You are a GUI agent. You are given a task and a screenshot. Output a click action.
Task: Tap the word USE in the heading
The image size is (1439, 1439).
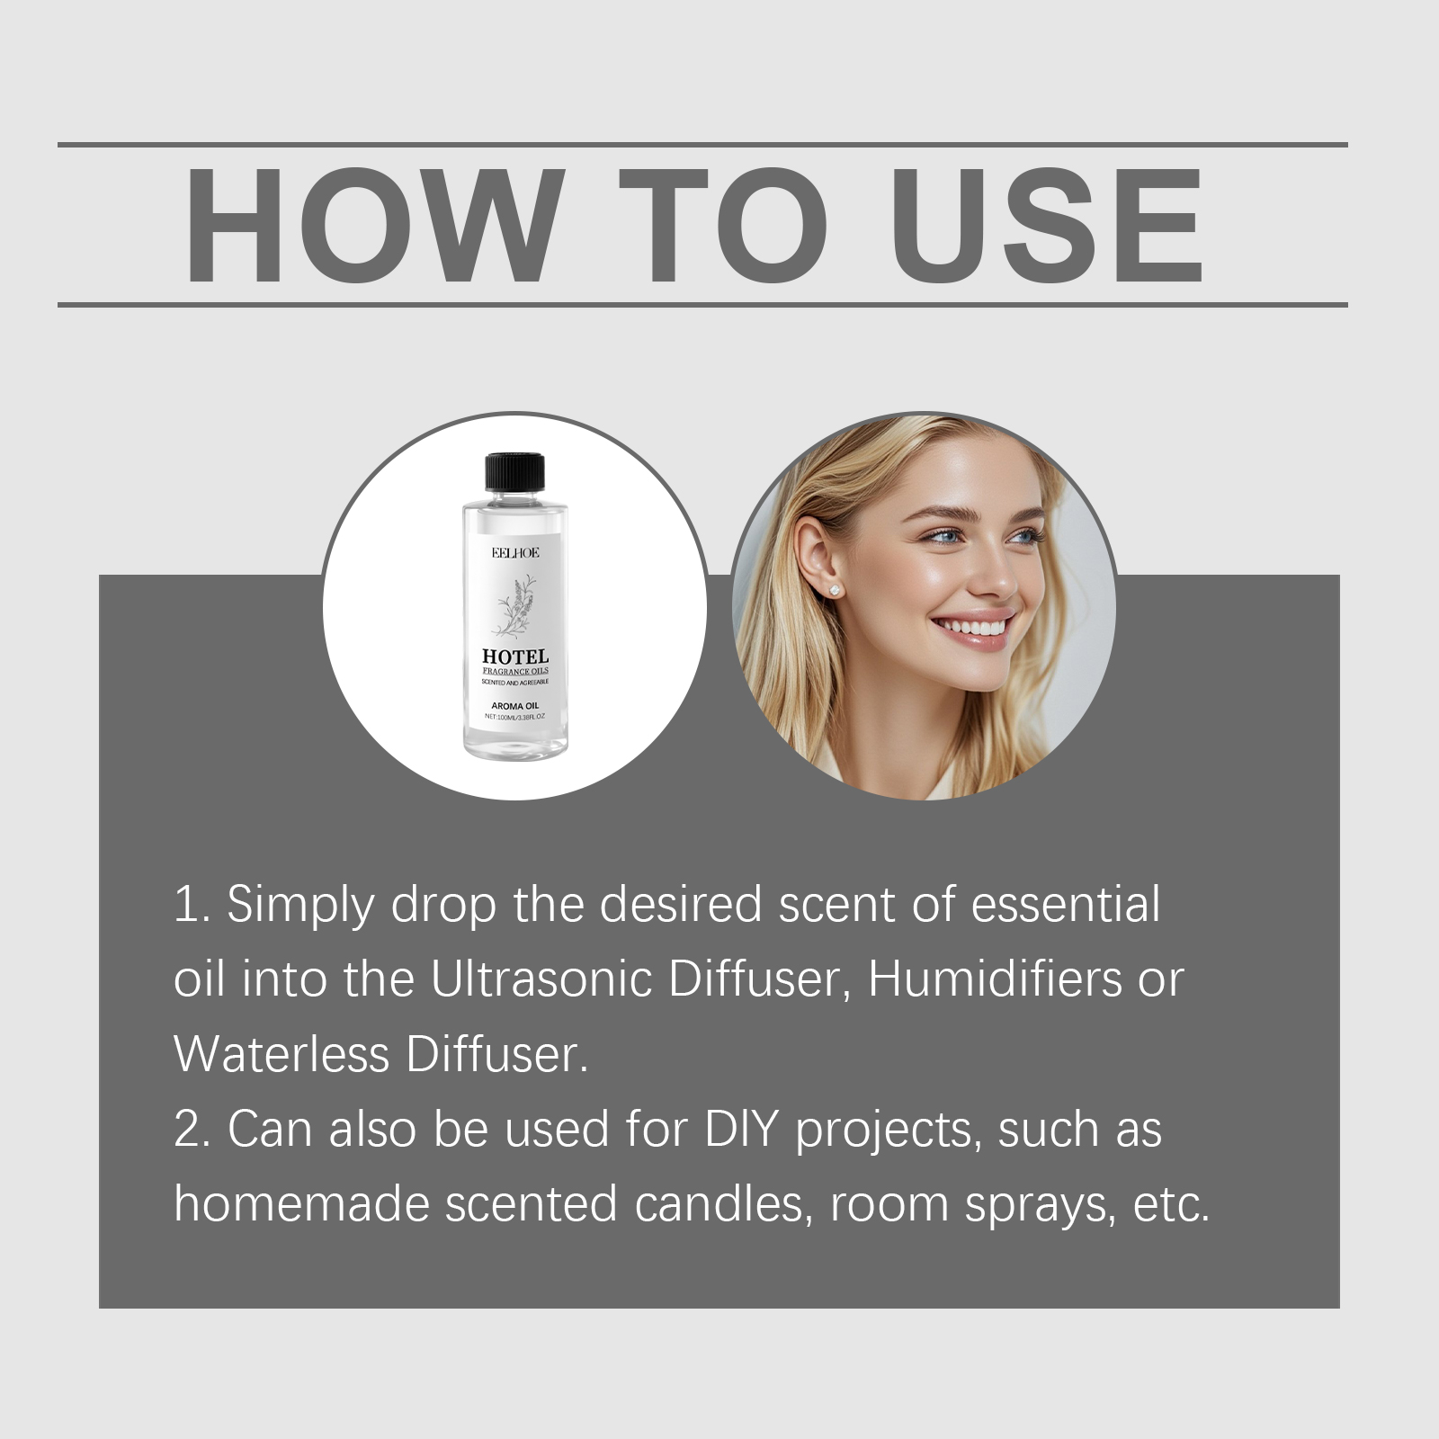(x=1047, y=226)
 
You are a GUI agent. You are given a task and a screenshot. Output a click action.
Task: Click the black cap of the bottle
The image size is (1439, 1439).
(x=515, y=473)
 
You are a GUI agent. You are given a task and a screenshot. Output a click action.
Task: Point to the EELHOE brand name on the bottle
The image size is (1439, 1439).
(x=515, y=552)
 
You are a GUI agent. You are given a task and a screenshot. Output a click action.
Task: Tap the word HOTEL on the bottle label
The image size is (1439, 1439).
(x=515, y=657)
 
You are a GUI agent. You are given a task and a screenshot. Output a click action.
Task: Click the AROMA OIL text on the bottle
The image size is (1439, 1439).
(x=515, y=706)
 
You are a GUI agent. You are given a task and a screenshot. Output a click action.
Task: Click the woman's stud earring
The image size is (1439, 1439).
(x=835, y=590)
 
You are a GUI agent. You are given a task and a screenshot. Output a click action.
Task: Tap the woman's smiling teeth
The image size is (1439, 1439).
(x=975, y=627)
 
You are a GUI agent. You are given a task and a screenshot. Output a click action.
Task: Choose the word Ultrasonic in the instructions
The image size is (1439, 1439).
(x=541, y=979)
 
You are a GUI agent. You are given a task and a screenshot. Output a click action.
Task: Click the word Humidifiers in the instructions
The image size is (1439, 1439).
(x=995, y=979)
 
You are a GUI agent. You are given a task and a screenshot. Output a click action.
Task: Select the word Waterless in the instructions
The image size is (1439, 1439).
(x=282, y=1054)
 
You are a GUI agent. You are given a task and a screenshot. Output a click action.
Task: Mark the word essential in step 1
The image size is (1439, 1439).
(x=1066, y=904)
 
